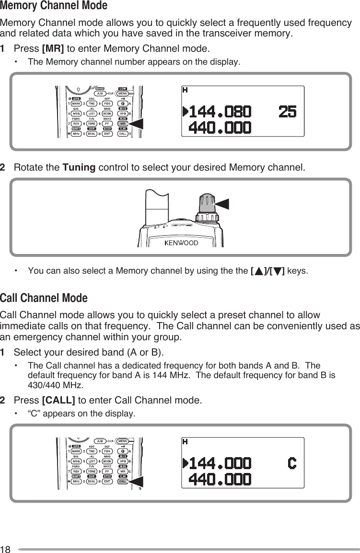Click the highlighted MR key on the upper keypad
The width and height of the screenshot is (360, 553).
point(122,124)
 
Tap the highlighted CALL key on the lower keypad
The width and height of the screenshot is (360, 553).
point(122,482)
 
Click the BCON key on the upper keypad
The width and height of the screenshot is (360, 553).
point(107,114)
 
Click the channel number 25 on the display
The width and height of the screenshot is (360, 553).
point(287,112)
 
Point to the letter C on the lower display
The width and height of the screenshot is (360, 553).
point(291,463)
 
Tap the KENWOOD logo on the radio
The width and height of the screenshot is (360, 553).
point(181,242)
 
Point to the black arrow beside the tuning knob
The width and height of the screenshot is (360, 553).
point(222,203)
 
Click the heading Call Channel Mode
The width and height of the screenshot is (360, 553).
point(44,299)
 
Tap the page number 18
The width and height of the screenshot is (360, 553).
point(5,548)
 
